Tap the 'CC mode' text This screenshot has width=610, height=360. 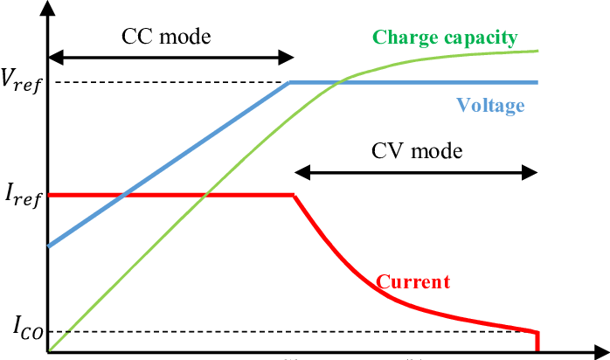(x=166, y=37)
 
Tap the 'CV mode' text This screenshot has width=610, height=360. (x=415, y=149)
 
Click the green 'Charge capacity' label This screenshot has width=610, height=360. (x=445, y=38)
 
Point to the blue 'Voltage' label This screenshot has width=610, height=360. (x=490, y=106)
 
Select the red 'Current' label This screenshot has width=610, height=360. (x=412, y=282)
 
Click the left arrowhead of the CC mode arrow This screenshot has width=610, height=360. (x=53, y=58)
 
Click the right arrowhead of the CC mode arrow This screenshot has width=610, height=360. (x=288, y=58)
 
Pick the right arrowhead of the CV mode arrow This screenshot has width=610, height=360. (x=533, y=171)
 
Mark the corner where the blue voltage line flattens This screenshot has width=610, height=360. (x=289, y=83)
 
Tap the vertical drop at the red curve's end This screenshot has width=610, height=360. (x=537, y=341)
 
